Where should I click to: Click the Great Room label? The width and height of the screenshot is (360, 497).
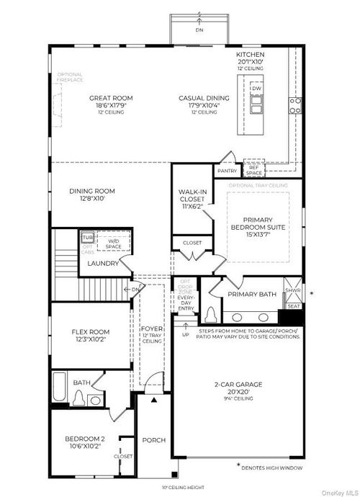tap(107, 98)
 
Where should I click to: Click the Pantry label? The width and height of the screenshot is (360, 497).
tap(227, 171)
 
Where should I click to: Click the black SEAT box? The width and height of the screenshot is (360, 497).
tap(294, 305)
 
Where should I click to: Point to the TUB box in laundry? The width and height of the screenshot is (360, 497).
tap(87, 237)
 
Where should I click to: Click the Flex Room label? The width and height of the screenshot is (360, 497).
tap(90, 333)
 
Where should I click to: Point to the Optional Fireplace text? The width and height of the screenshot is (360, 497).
tap(71, 77)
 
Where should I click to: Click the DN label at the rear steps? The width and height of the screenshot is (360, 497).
tap(199, 31)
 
